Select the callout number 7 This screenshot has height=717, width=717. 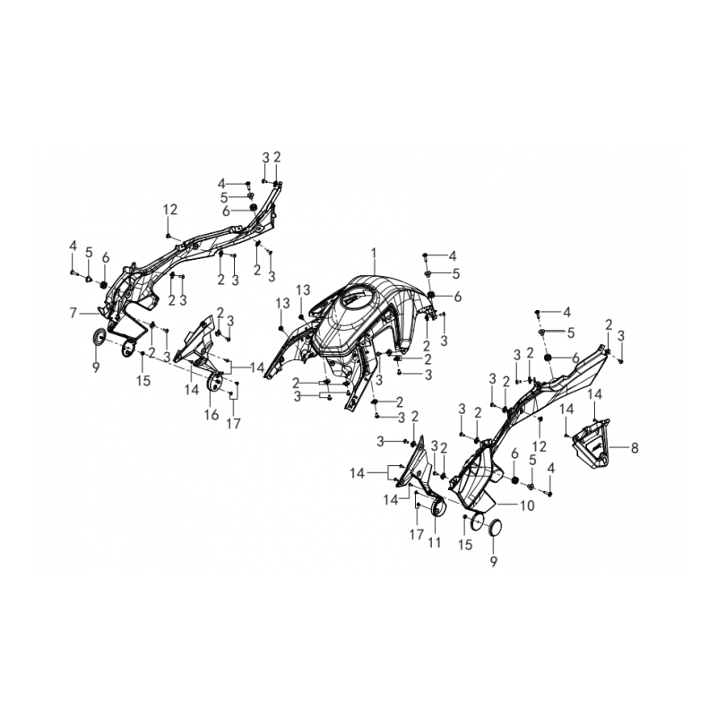pyautogui.click(x=73, y=314)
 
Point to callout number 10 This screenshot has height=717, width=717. pyautogui.click(x=527, y=505)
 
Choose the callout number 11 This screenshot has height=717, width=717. pyautogui.click(x=434, y=542)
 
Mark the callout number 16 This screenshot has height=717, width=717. pyautogui.click(x=212, y=415)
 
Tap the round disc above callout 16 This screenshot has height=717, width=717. pyautogui.click(x=212, y=384)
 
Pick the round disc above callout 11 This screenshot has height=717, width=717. pyautogui.click(x=438, y=508)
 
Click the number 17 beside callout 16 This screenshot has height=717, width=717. pyautogui.click(x=234, y=424)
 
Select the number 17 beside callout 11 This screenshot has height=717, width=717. pyautogui.click(x=417, y=534)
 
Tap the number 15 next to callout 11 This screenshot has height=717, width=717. pyautogui.click(x=465, y=545)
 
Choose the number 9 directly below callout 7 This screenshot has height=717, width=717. pyautogui.click(x=96, y=367)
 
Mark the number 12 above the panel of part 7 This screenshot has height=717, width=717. pyautogui.click(x=170, y=210)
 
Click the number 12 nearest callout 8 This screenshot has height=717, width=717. pyautogui.click(x=540, y=445)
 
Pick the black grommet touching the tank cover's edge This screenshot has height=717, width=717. pyautogui.click(x=431, y=295)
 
